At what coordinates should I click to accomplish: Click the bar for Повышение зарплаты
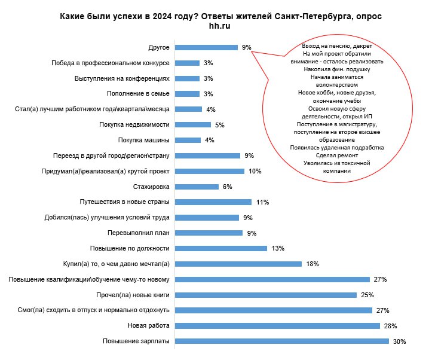click(282, 341)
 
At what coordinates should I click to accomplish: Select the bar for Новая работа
click(277, 326)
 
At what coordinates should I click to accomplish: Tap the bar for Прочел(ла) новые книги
click(266, 295)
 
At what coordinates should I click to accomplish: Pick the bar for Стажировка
click(197, 187)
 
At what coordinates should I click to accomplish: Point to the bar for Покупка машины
click(188, 140)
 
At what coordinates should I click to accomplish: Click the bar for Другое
click(206, 47)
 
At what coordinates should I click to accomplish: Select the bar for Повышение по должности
click(221, 248)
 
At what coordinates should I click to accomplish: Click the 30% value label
click(400, 341)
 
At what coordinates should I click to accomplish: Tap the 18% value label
click(313, 264)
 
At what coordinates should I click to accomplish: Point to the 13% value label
click(278, 248)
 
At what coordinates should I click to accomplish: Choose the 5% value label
click(220, 125)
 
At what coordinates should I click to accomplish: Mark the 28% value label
click(390, 326)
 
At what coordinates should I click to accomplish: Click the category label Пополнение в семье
click(138, 93)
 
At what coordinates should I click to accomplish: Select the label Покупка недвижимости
click(134, 124)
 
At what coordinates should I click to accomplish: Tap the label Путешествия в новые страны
click(124, 202)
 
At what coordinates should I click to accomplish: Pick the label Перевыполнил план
click(139, 233)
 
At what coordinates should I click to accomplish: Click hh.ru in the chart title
click(219, 26)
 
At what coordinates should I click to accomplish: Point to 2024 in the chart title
click(163, 16)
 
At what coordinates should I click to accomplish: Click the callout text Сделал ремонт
click(337, 155)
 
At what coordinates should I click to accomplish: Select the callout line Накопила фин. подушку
click(337, 69)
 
